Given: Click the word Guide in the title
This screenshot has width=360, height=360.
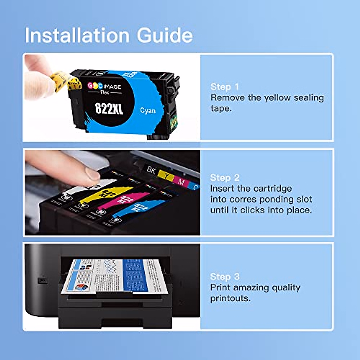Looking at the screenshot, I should tap(165, 35).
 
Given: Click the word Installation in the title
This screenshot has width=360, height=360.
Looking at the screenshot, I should tap(77, 35).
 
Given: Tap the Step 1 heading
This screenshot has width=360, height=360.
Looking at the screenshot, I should tap(225, 87).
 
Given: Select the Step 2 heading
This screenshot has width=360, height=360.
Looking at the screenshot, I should tap(225, 178).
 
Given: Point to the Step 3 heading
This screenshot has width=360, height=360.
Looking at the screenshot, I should tap(225, 277).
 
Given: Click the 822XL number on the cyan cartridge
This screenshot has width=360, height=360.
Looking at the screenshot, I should tap(109, 108).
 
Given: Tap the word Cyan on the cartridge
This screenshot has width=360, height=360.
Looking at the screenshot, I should tap(148, 111).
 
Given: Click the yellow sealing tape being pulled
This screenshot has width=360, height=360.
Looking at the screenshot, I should tap(64, 79).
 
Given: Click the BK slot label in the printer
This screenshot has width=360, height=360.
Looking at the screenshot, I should tap(151, 170).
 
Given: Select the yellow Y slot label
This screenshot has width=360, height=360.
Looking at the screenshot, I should tap(166, 175).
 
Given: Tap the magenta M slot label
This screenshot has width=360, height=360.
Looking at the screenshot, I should tap(181, 181).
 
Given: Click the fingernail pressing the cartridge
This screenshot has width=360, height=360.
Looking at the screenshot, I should tap(93, 174).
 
